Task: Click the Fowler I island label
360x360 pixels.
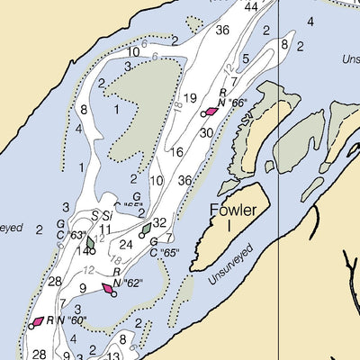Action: tap(232, 218)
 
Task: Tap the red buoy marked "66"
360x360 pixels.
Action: tap(211, 112)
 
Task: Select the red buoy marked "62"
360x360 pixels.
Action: tap(108, 289)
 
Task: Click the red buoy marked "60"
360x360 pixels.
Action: tap(38, 320)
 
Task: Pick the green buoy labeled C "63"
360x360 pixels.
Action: tap(90, 242)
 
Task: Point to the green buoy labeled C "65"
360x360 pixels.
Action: tap(146, 230)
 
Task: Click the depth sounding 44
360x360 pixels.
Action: tap(250, 7)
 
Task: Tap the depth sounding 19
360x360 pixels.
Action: tap(190, 98)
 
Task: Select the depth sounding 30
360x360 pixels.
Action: tap(206, 133)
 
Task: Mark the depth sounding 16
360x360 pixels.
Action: tap(176, 152)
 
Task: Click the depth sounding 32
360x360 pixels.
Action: tap(159, 222)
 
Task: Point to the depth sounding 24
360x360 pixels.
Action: tap(126, 244)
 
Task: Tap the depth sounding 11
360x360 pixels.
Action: tap(105, 229)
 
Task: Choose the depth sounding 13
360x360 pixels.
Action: tap(113, 355)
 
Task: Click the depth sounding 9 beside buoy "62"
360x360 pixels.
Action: tap(82, 288)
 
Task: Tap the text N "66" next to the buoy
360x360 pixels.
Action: tap(233, 103)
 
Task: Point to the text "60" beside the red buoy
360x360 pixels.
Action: tap(79, 320)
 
